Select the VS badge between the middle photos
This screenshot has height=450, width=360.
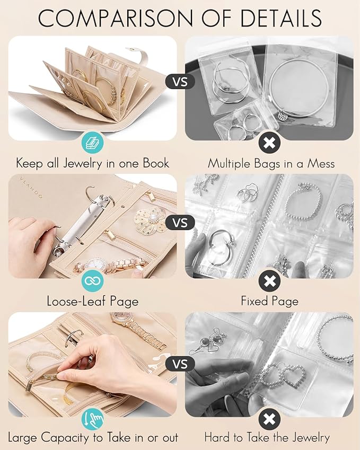click(180, 222)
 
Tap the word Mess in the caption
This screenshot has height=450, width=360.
click(320, 163)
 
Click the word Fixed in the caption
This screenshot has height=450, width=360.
click(256, 302)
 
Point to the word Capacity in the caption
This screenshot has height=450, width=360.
click(70, 438)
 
